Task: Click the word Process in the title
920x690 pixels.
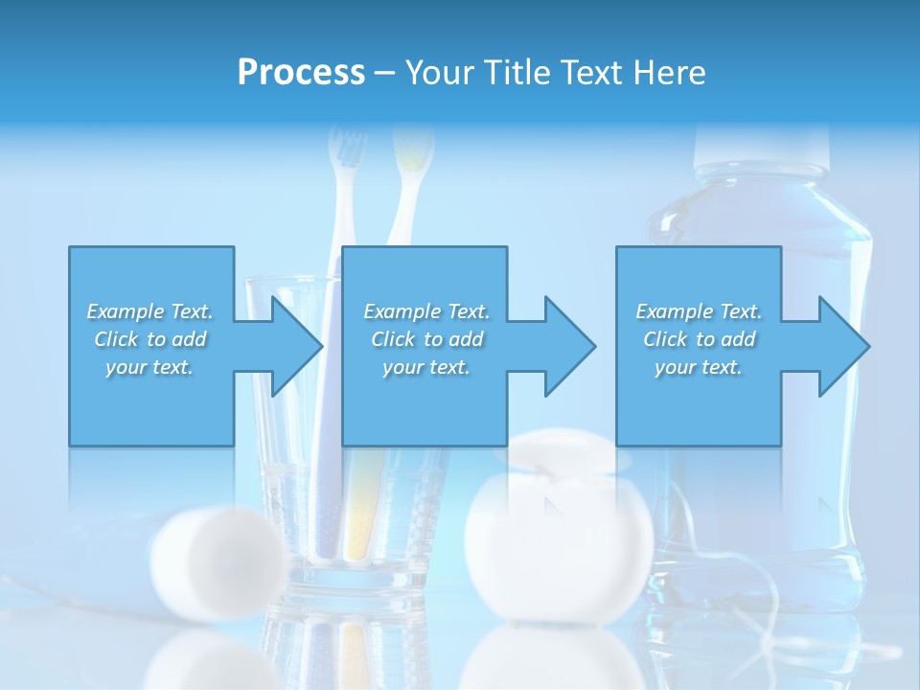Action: (x=301, y=73)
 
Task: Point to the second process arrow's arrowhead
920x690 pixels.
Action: (x=571, y=346)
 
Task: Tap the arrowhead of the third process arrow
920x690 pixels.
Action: (x=845, y=346)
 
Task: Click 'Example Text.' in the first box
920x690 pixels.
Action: (x=149, y=311)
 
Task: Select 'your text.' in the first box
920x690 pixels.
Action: (x=149, y=367)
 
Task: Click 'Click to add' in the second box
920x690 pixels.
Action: (x=426, y=339)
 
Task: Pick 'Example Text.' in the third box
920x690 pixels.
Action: (x=699, y=311)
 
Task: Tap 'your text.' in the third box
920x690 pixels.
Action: (x=699, y=367)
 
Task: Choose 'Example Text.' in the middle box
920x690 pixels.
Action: (x=426, y=311)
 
